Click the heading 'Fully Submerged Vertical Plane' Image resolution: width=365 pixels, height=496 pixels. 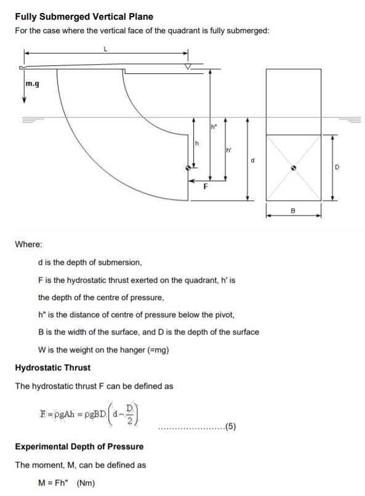click(x=84, y=17)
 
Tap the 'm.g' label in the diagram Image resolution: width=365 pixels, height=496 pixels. click(x=33, y=84)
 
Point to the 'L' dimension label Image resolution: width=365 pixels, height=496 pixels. click(x=105, y=52)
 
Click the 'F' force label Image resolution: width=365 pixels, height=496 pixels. click(x=206, y=189)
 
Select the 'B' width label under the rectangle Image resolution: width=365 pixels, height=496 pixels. click(x=293, y=211)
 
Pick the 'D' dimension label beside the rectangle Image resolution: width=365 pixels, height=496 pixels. click(x=337, y=167)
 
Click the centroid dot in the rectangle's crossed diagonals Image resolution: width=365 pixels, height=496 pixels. click(x=294, y=167)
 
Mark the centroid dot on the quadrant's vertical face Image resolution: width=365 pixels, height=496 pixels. click(x=188, y=167)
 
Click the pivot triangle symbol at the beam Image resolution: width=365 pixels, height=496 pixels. click(x=188, y=66)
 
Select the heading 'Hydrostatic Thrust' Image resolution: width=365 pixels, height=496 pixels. click(x=52, y=368)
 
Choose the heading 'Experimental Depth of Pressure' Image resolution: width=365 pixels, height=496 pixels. click(x=79, y=447)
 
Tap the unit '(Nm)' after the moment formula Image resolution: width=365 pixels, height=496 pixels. click(x=86, y=483)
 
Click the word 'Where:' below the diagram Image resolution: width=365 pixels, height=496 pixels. click(x=28, y=245)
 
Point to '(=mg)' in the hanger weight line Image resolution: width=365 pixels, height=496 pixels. click(x=155, y=350)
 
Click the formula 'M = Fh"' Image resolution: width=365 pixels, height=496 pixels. click(x=54, y=483)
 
